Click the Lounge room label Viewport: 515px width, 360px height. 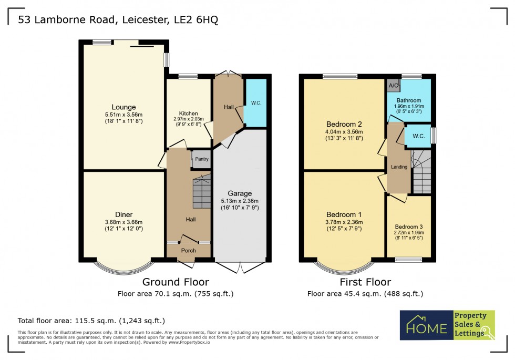click(123, 107)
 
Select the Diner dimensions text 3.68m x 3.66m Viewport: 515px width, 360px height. click(123, 222)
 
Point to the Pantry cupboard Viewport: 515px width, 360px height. click(201, 159)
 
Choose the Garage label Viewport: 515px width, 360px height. click(240, 193)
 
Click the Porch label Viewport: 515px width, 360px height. click(189, 251)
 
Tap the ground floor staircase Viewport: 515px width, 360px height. click(201, 193)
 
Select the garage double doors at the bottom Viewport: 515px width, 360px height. click(240, 267)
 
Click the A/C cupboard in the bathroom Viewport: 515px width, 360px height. click(393, 85)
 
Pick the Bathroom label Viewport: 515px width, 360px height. click(408, 100)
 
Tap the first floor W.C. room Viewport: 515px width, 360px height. click(418, 136)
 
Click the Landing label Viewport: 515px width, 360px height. click(399, 167)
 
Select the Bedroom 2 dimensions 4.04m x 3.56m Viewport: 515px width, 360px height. click(344, 131)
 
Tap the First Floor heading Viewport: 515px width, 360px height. click(366, 282)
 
